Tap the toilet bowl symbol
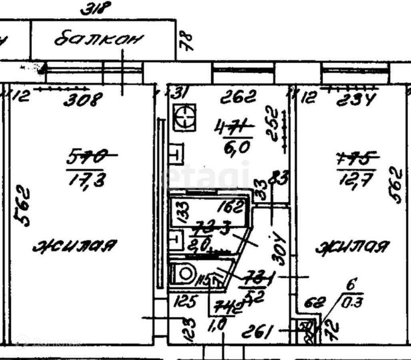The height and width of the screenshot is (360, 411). click(185, 274)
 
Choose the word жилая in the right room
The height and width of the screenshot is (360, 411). click(352, 247)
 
